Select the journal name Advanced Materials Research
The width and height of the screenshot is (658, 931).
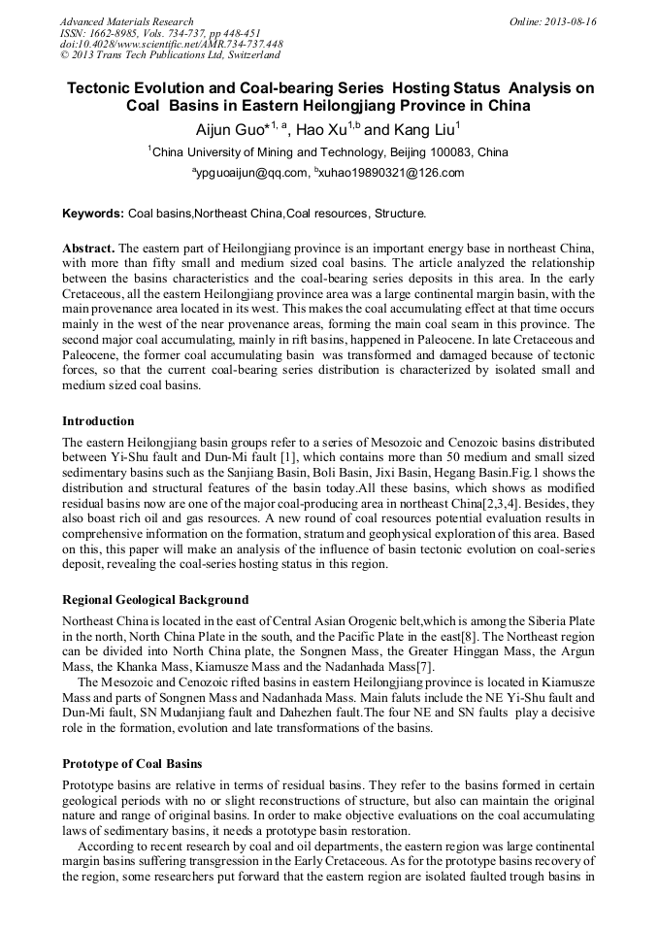[126, 21]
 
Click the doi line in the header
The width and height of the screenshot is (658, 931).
[171, 44]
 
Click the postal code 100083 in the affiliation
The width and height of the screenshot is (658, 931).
[457, 152]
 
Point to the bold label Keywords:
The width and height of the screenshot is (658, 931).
[93, 214]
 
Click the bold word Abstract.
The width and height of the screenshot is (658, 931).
[88, 249]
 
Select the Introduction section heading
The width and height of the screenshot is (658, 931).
[98, 421]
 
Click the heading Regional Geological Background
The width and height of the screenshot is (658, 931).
[155, 599]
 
